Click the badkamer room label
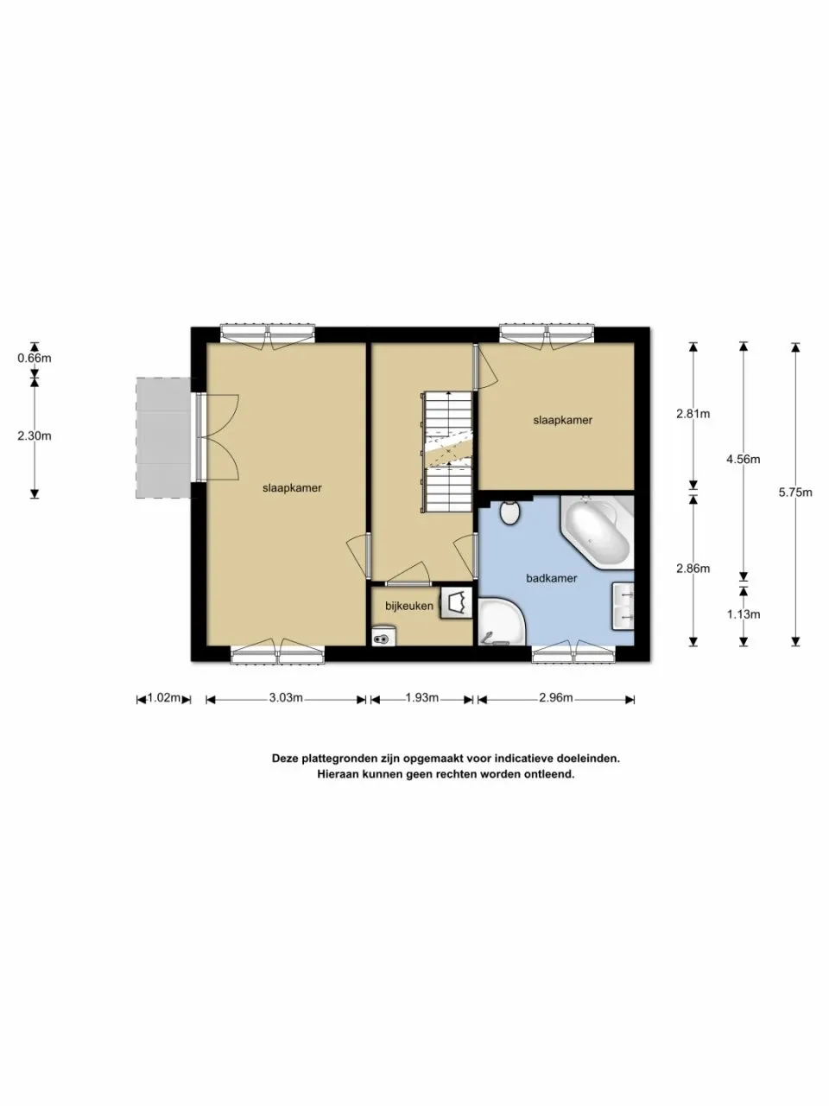[551, 578]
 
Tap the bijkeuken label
[409, 606]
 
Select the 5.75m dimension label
[794, 493]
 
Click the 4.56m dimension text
[743, 460]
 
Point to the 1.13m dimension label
[743, 614]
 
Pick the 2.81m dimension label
[693, 414]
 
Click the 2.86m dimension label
[693, 569]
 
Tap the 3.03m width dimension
[286, 698]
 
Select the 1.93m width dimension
[422, 698]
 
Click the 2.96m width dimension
[556, 698]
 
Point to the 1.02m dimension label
[164, 698]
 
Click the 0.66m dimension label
[35, 358]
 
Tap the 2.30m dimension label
[35, 435]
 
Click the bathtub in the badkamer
[597, 532]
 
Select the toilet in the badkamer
[509, 512]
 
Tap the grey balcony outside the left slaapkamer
[162, 437]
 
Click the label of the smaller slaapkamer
[562, 420]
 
